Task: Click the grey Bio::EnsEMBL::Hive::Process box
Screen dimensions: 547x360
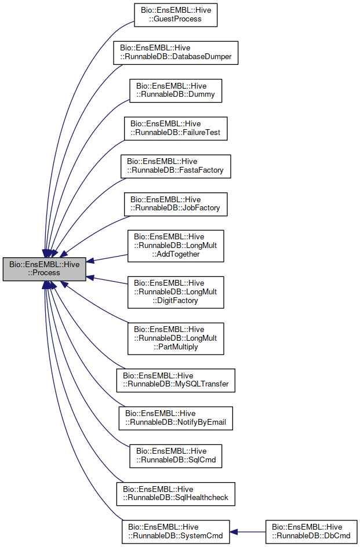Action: (45, 269)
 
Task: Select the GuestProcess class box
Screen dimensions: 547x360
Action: (175, 14)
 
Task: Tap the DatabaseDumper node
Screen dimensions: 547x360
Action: (176, 53)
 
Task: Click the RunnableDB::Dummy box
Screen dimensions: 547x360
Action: (176, 90)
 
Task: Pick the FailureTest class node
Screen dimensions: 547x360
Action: (176, 128)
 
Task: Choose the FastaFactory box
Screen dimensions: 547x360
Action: (176, 166)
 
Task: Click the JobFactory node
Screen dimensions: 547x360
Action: (176, 204)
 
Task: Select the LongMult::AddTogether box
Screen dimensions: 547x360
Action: (176, 246)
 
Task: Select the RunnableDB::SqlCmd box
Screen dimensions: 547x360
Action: (176, 456)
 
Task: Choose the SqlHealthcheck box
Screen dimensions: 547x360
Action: (176, 494)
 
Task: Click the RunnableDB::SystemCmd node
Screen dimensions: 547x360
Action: (176, 531)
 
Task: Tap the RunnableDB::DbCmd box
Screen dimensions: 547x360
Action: (311, 531)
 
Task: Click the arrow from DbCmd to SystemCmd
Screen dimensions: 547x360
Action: (248, 531)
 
